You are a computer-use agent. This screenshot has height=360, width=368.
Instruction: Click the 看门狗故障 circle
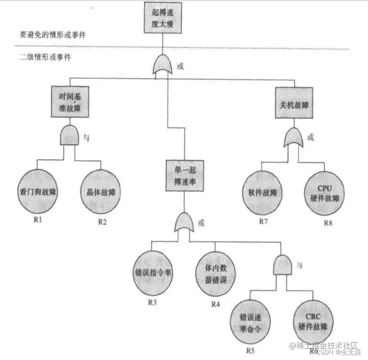[x=37, y=190]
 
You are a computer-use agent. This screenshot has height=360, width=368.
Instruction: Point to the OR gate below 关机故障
[x=294, y=137]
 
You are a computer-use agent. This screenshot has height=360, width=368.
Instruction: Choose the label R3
[x=152, y=302]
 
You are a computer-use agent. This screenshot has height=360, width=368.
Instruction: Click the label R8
[x=328, y=223]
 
